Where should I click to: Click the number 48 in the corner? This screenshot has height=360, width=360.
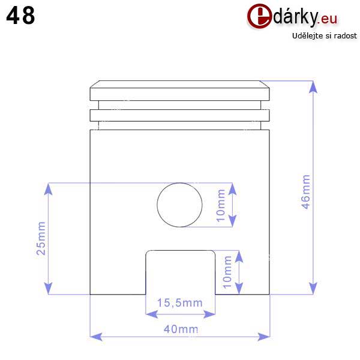click(x=20, y=15)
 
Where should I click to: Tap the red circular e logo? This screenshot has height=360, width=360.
click(x=259, y=16)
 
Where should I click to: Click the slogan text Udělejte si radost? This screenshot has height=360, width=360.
click(x=325, y=36)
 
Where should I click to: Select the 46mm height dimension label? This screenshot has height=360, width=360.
click(x=305, y=192)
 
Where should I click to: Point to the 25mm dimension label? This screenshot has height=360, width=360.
click(x=41, y=238)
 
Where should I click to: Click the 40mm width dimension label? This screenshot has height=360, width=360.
click(x=181, y=329)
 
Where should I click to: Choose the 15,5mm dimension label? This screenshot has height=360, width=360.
click(x=180, y=303)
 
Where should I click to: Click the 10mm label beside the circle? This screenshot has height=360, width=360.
click(x=221, y=205)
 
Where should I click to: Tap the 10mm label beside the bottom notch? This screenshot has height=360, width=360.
click(x=227, y=272)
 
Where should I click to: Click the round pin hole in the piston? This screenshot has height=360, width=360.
click(x=179, y=205)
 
